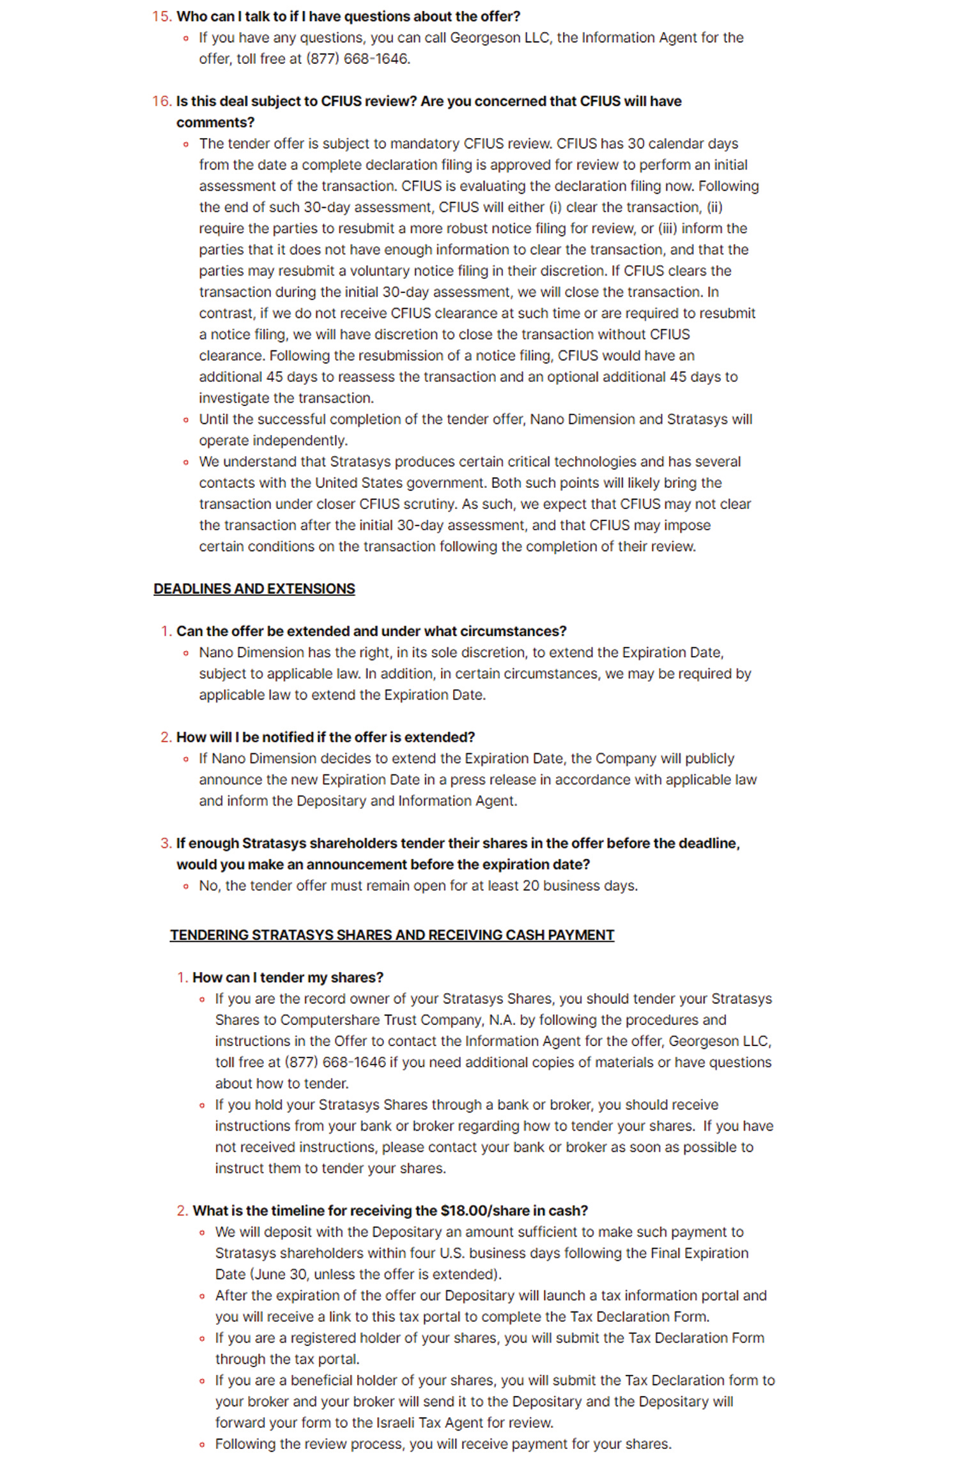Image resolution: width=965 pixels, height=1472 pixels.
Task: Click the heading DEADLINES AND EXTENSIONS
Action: pos(254,588)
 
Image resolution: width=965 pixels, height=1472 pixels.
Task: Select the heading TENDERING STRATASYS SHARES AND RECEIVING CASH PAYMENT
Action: pos(392,934)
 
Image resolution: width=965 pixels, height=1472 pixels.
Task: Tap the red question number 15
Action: pos(162,16)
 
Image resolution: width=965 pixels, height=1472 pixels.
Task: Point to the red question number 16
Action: pos(162,101)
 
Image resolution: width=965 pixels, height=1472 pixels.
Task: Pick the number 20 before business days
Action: pos(530,885)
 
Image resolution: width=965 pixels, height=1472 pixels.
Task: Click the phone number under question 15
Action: pos(358,58)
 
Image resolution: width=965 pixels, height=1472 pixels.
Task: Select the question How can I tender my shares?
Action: pos(288,977)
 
